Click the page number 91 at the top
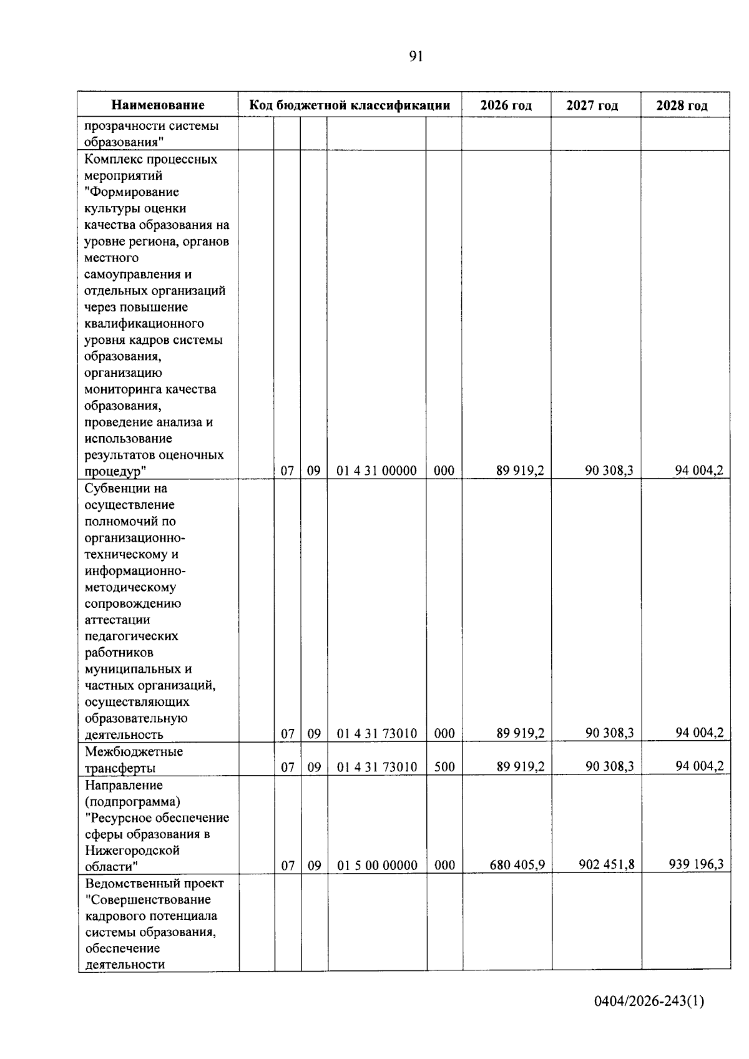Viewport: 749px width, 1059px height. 416,57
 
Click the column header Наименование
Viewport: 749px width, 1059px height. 158,105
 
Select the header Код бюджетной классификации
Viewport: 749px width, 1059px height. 350,105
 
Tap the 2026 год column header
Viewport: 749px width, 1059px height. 506,105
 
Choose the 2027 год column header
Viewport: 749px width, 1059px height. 592,105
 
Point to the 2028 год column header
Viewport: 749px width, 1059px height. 682,105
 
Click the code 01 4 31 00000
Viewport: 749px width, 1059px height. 376,471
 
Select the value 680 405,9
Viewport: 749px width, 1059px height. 517,865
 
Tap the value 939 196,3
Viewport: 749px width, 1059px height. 696,864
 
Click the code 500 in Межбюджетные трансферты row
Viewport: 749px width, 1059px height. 444,766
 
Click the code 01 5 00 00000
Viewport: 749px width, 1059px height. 377,866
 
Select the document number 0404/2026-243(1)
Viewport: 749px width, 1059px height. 649,1002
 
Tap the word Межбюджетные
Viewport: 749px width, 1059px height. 134,751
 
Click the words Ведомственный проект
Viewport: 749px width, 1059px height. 154,883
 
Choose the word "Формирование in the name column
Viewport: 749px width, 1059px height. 131,192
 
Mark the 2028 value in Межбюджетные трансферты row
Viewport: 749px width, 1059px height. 699,766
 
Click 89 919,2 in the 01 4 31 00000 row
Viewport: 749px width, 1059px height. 520,471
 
